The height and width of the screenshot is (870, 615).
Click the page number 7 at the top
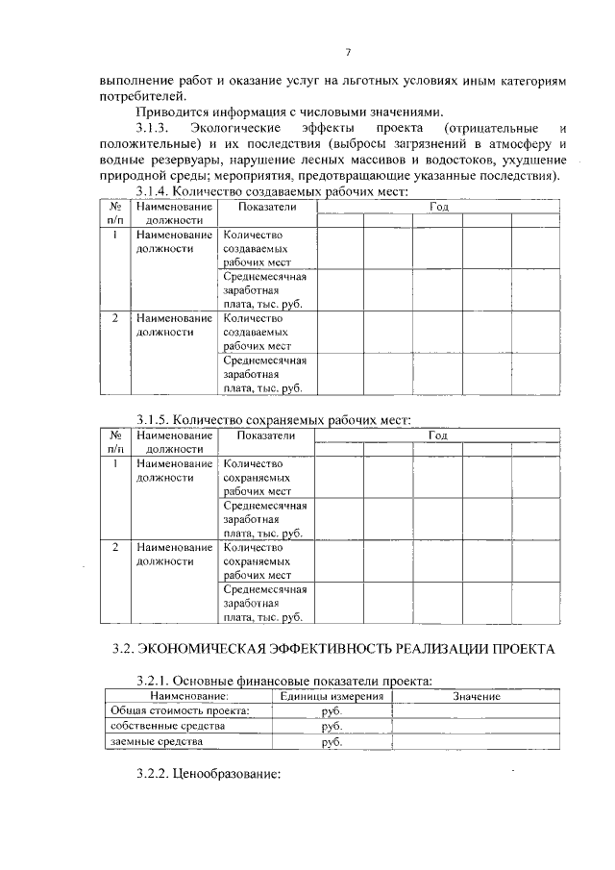pyautogui.click(x=349, y=51)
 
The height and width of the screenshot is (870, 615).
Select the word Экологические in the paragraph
pyautogui.click(x=235, y=128)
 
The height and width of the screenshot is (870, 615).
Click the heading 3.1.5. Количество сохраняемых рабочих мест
pyautogui.click(x=273, y=419)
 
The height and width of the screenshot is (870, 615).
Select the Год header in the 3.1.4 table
pyautogui.click(x=439, y=207)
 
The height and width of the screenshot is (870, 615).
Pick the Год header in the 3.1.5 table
pyautogui.click(x=438, y=435)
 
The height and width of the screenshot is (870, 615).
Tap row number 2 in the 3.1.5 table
pyautogui.click(x=114, y=546)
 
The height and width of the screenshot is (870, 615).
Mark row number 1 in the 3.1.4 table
pyautogui.click(x=114, y=235)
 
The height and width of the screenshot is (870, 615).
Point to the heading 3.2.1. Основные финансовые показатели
pyautogui.click(x=283, y=681)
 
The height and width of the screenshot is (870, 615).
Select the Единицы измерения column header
pyautogui.click(x=324, y=695)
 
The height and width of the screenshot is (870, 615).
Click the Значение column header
pyautogui.click(x=476, y=695)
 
